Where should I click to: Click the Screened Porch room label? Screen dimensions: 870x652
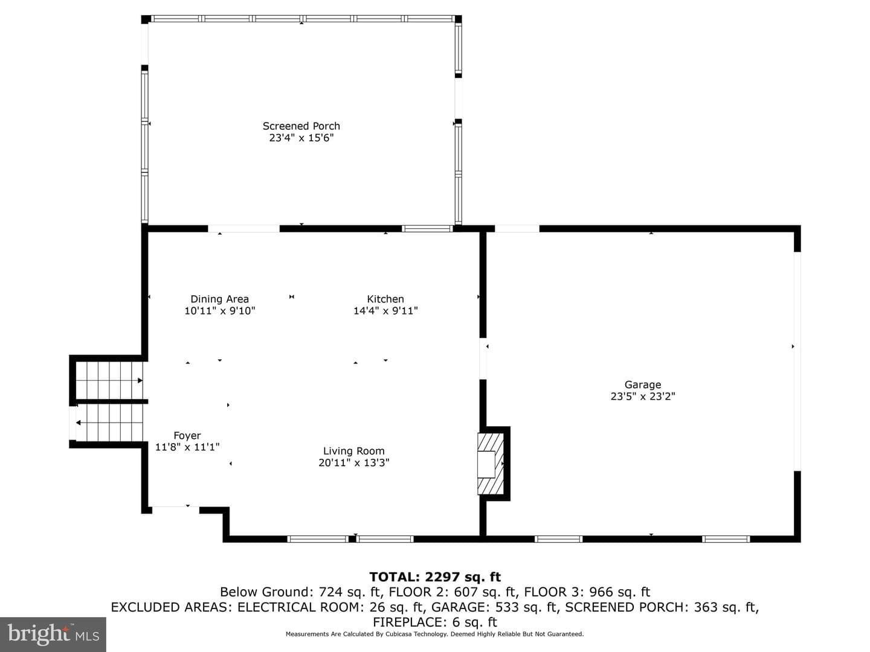coord(301,126)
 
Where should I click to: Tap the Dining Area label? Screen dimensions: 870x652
coord(219,299)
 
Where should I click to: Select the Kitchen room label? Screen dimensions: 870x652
coord(385,299)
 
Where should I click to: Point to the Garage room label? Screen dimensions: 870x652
coord(642,385)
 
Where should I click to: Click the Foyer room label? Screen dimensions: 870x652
coord(187,435)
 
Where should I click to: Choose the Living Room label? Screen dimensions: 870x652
coord(353,451)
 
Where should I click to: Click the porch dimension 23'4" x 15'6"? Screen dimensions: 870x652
coord(301,138)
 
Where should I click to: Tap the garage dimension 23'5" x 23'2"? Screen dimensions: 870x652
coord(642,396)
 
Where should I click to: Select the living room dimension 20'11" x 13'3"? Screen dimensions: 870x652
coord(353,462)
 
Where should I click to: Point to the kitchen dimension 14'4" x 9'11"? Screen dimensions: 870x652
coord(385,311)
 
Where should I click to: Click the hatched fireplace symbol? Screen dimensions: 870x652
coord(491,464)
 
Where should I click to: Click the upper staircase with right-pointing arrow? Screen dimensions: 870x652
coord(109,380)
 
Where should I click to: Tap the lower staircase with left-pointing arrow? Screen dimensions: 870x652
coord(109,423)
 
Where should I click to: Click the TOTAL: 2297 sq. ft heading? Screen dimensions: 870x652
coord(435,577)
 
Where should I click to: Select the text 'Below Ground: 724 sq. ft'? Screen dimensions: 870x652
coord(301,592)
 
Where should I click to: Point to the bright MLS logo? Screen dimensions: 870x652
coord(53,634)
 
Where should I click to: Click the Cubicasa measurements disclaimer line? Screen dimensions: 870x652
coord(435,634)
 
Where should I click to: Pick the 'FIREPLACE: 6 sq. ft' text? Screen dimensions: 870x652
coord(435,622)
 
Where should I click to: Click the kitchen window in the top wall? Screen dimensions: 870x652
coord(427,228)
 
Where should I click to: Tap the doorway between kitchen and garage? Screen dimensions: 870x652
coord(483,359)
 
